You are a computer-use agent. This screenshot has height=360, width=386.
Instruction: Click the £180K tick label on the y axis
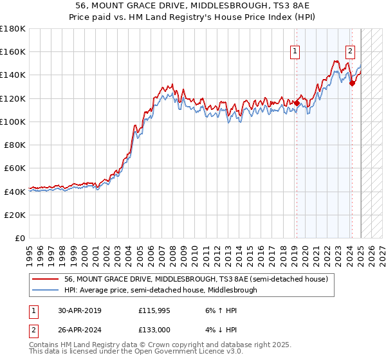(12, 29)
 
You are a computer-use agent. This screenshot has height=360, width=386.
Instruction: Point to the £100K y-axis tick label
(12, 122)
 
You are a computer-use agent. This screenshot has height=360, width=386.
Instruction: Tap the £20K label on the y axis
(14, 215)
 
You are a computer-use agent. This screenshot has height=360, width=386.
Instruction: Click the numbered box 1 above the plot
(295, 52)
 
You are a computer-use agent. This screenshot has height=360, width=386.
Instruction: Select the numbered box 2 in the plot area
(350, 52)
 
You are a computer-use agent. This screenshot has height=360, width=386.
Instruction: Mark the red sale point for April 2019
(297, 103)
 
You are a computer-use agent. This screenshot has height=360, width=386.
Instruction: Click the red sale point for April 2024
(352, 83)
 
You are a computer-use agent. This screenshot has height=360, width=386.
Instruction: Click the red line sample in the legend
(45, 279)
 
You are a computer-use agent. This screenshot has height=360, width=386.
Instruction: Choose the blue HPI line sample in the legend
(45, 290)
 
